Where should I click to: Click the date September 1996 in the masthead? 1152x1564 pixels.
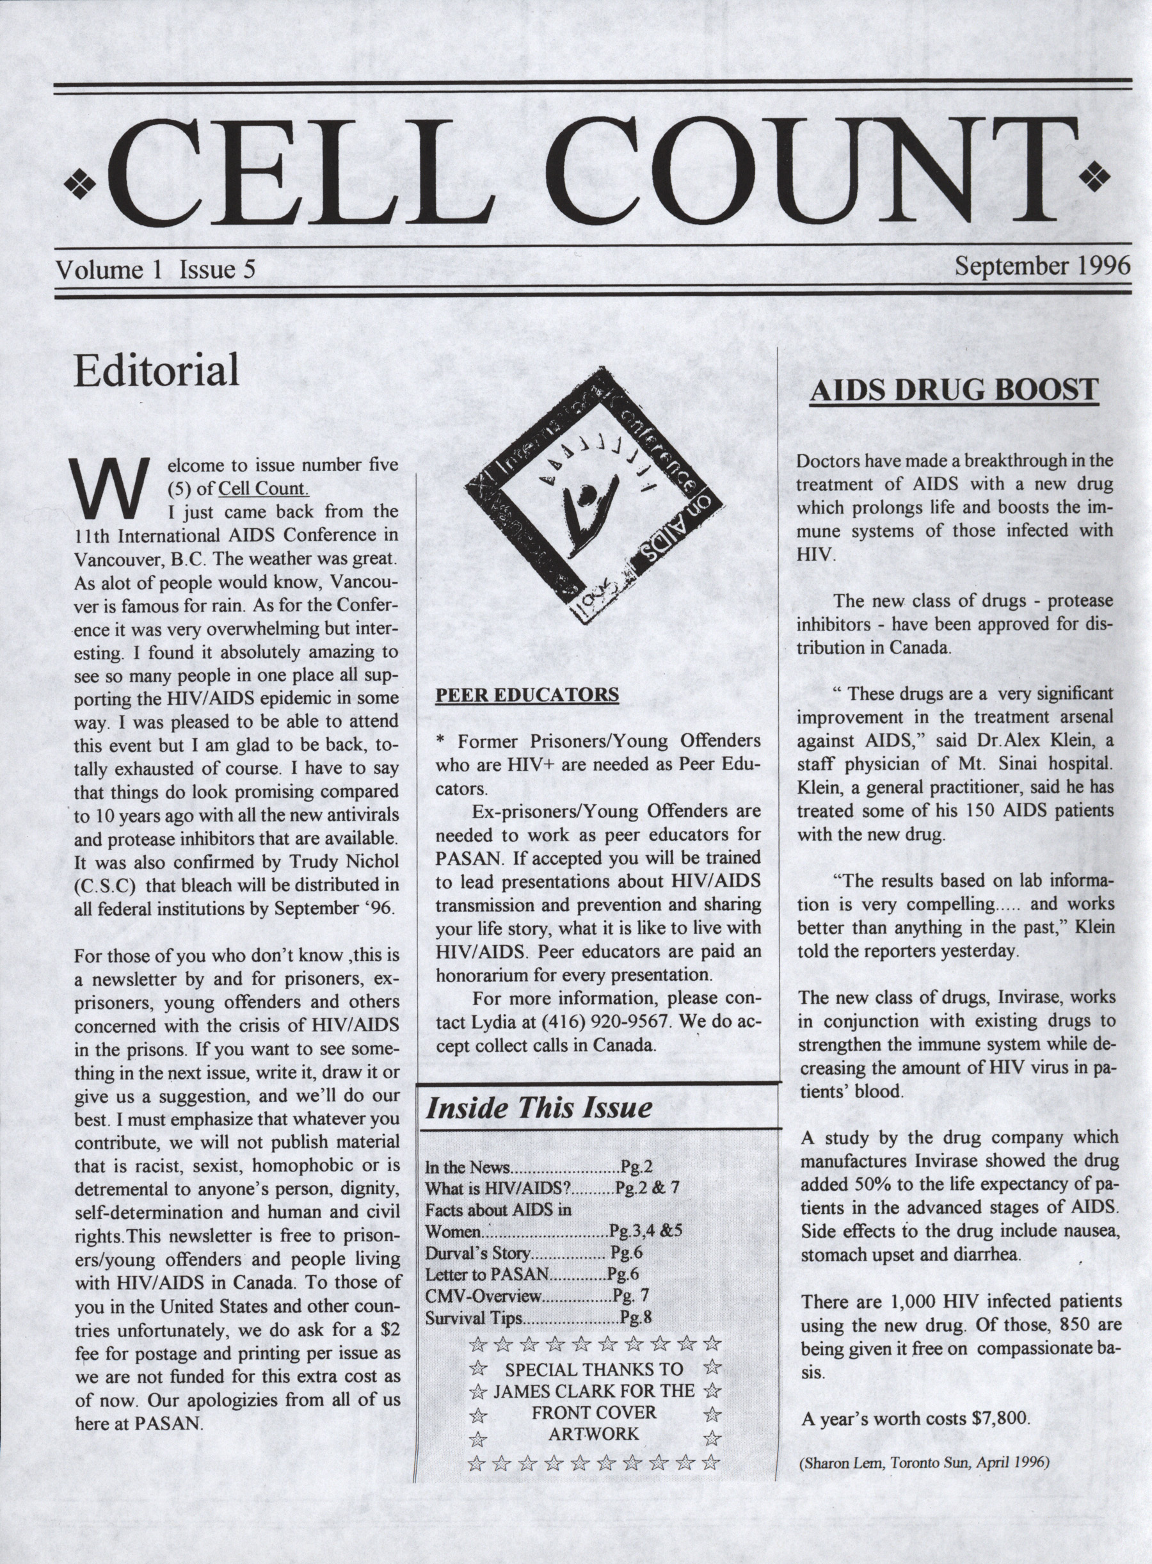point(1042,266)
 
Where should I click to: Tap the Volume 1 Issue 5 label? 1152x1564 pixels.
point(156,270)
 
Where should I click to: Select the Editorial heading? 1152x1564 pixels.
point(156,371)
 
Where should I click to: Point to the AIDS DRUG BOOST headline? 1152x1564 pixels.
point(954,390)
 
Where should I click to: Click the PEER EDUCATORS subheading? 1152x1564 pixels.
point(527,695)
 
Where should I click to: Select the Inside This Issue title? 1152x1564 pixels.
point(538,1108)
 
